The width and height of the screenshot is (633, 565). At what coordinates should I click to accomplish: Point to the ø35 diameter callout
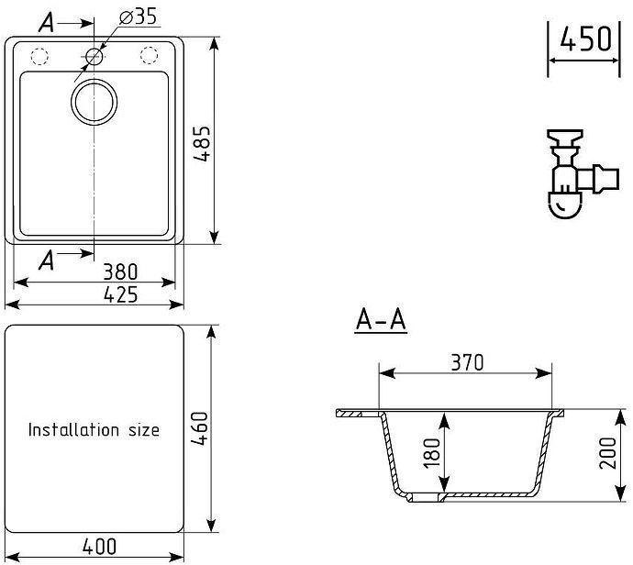click(x=138, y=17)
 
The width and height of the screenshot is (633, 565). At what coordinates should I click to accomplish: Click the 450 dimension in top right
click(x=585, y=39)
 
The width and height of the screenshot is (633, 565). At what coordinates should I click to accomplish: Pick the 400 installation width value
click(x=98, y=547)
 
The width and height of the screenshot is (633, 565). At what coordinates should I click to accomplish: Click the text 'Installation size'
click(x=94, y=429)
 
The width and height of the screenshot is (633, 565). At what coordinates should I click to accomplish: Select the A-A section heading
click(x=381, y=320)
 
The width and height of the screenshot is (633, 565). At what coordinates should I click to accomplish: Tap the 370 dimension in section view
click(x=466, y=362)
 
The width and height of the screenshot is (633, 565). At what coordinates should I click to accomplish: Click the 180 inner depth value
click(x=432, y=452)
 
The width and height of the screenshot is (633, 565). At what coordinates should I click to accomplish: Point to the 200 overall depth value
click(x=606, y=452)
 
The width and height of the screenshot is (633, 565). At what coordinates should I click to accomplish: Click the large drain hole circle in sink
click(x=94, y=101)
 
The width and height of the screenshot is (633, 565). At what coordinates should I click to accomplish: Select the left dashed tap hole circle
click(x=39, y=56)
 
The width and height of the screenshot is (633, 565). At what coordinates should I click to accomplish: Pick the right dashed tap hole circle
click(x=148, y=56)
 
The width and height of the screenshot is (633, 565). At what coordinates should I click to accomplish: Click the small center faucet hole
click(x=94, y=56)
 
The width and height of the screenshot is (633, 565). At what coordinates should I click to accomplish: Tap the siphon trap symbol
click(x=569, y=174)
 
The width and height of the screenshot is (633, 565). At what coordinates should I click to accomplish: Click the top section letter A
click(x=46, y=23)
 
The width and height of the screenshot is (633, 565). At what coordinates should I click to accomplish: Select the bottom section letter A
click(x=46, y=260)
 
